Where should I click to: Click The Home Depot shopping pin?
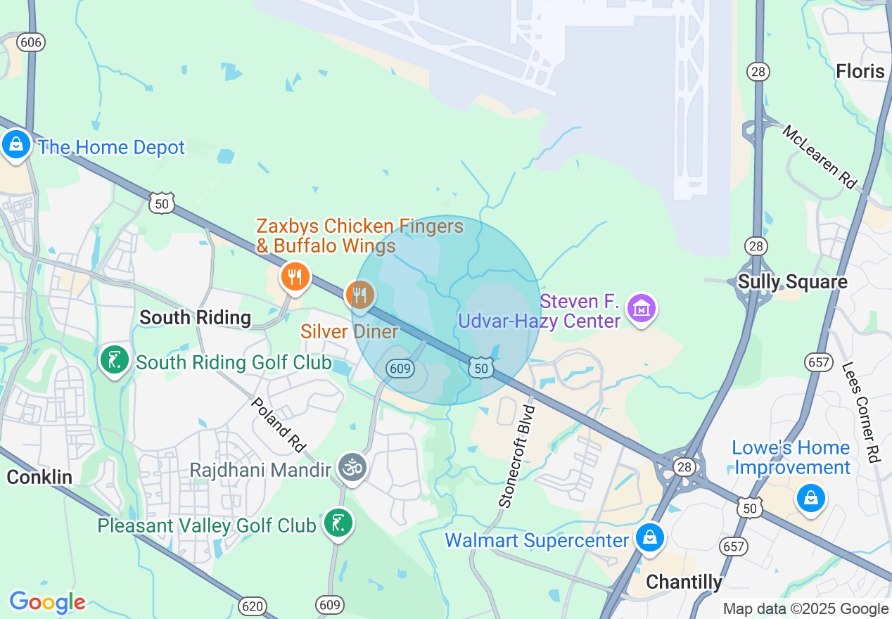15,145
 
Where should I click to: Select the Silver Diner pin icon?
360,294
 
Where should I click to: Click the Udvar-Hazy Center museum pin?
642,308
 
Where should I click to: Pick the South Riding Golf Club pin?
114,360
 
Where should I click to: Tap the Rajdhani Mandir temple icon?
352,467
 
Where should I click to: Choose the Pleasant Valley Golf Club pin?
338,523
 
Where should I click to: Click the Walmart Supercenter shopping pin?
650,538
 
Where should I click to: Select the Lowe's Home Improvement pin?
810,498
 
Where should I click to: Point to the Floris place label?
860,71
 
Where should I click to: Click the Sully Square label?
792,282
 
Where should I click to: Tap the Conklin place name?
39,477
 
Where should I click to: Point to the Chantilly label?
684,582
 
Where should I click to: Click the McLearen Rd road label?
820,157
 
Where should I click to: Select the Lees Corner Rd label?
861,411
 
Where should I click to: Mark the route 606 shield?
31,42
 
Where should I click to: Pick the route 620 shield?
252,605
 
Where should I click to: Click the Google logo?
47,602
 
